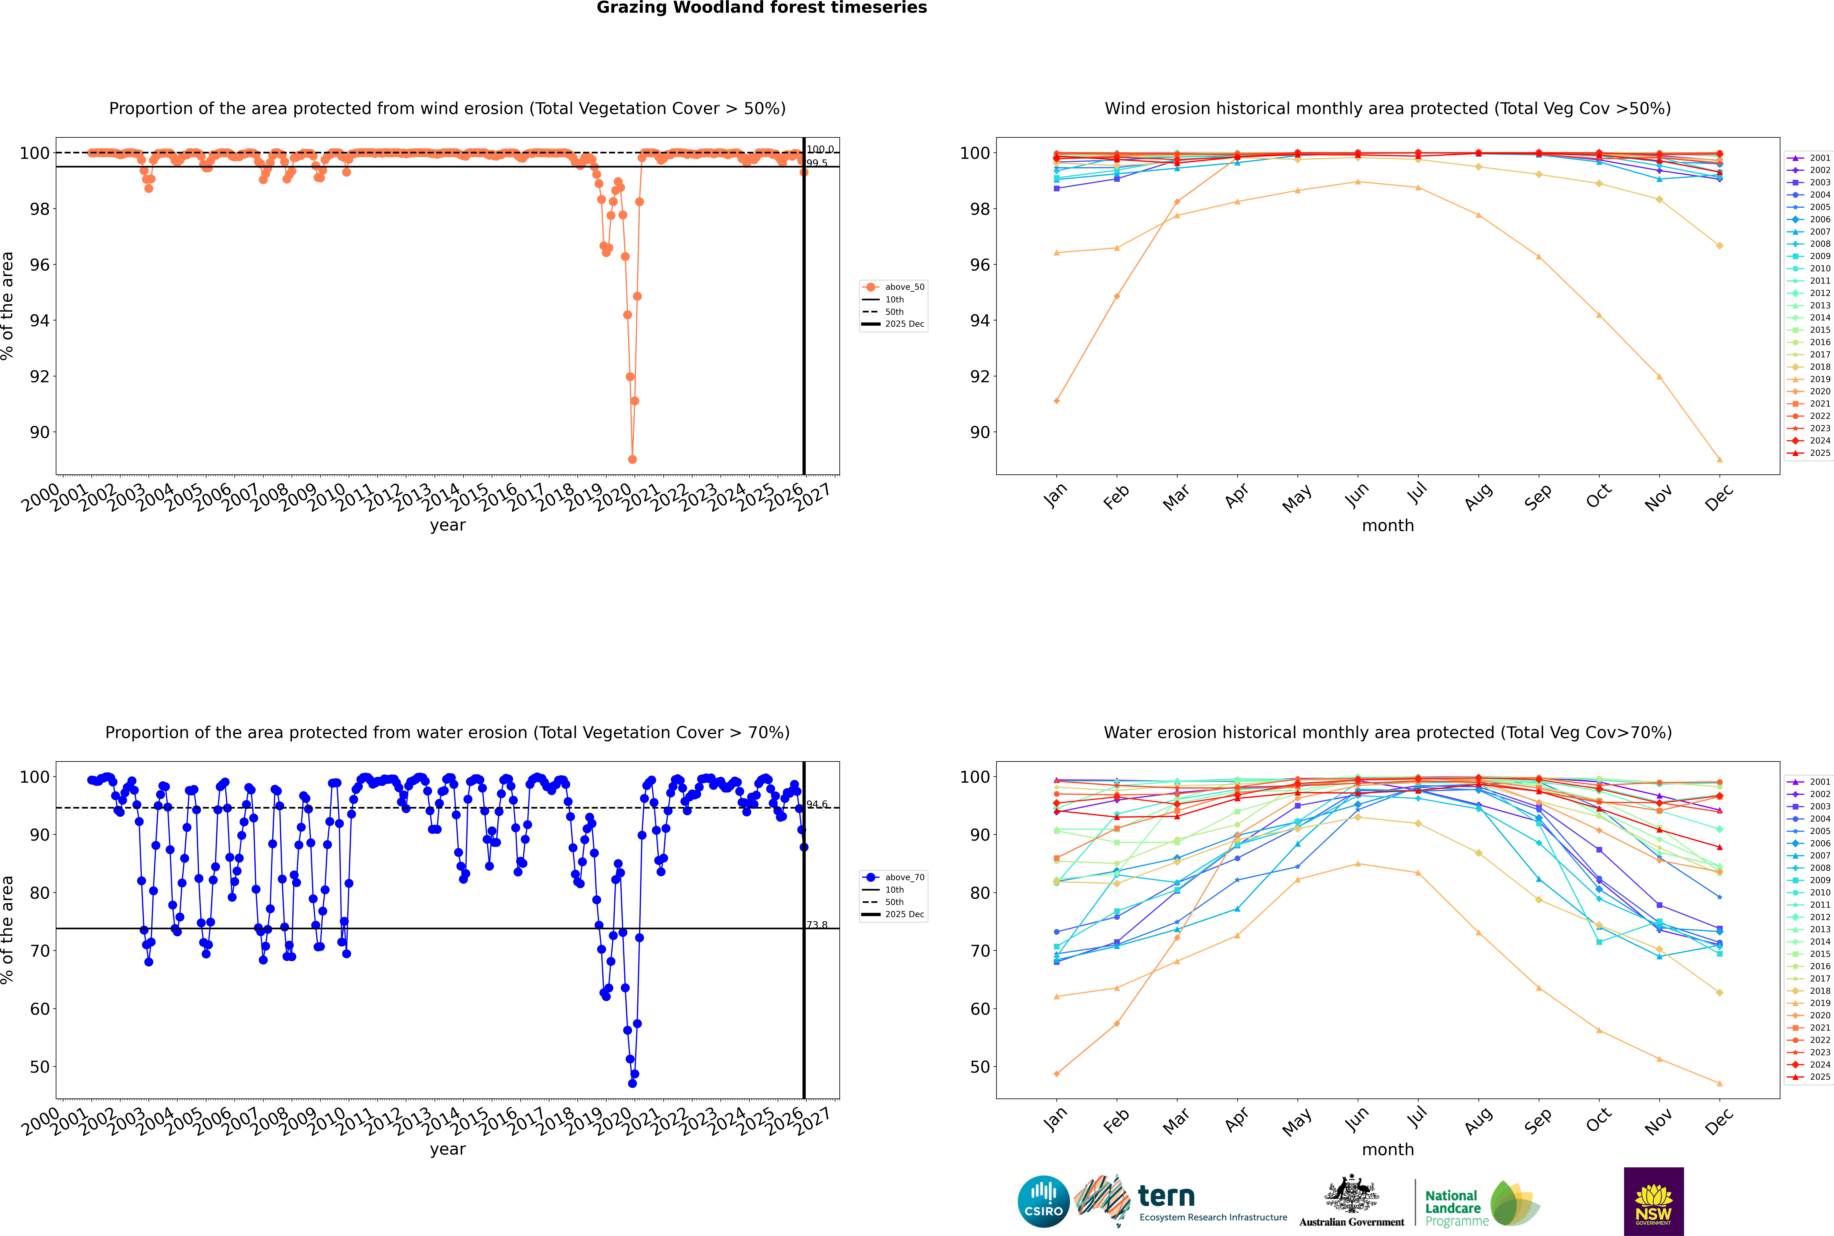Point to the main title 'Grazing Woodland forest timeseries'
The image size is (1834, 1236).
pos(762,8)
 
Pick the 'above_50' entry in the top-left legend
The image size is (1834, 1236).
pos(904,287)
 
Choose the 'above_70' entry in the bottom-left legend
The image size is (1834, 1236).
pos(904,877)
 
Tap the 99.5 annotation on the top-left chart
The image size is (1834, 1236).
pos(817,163)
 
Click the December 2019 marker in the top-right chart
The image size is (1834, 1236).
pos(1720,460)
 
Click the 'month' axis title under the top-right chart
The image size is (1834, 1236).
pos(1388,526)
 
